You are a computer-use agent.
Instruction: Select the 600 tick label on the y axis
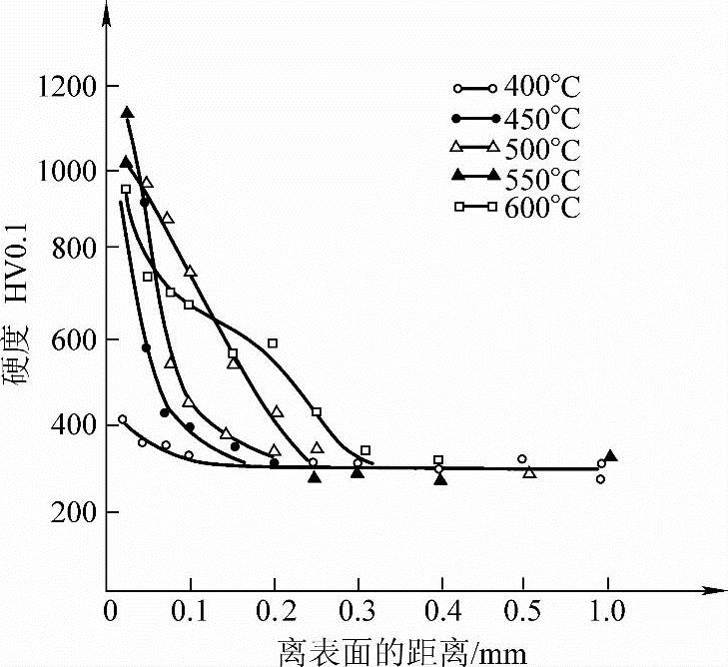coord(72,340)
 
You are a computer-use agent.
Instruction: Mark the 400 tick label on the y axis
coord(72,426)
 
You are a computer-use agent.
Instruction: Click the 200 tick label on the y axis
coord(72,511)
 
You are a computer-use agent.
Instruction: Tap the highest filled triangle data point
coord(127,113)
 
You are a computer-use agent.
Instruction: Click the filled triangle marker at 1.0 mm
coord(610,456)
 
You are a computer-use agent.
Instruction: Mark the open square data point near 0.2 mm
coord(272,343)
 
